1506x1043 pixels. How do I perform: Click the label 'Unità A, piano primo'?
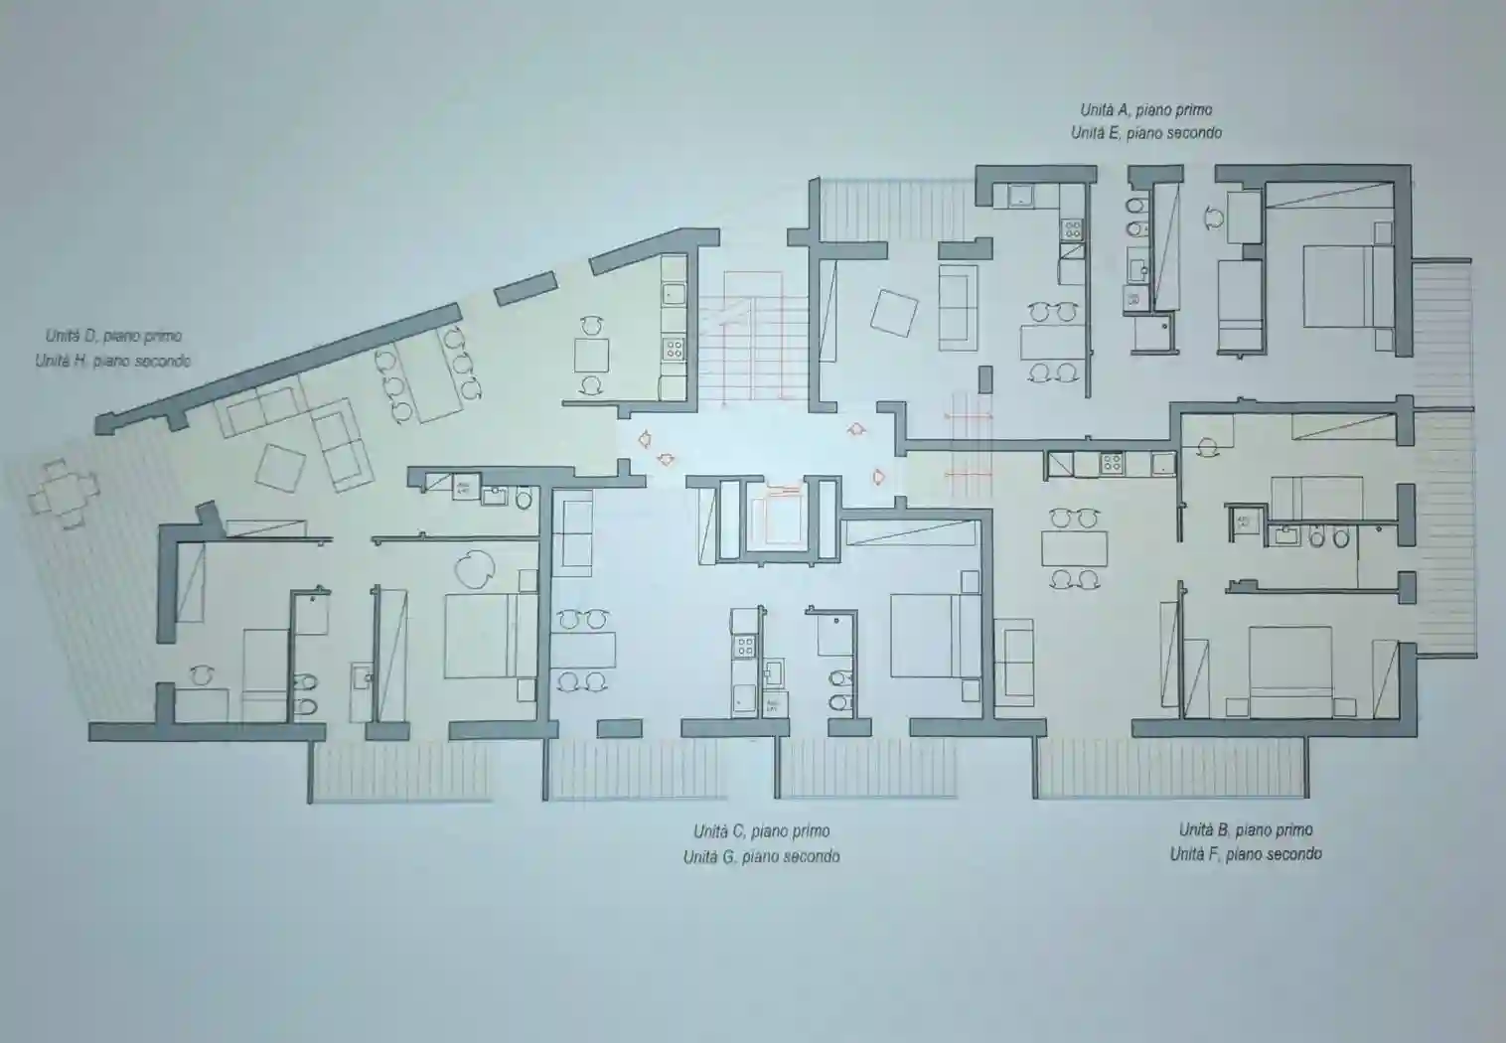1146,109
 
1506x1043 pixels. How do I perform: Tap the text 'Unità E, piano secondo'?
1146,133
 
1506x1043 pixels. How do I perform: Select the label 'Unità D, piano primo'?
113,336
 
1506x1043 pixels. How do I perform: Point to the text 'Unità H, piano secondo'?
113,362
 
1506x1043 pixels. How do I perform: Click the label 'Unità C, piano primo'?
762,831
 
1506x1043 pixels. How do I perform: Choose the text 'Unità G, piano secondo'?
762,856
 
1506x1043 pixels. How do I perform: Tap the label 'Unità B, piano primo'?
1246,829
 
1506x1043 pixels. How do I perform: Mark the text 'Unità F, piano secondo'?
1246,854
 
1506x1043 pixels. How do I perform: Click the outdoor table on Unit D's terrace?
64,494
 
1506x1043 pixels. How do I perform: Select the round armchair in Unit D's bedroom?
474,569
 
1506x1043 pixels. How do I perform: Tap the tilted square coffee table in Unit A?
894,313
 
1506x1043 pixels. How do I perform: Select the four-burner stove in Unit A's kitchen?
1072,230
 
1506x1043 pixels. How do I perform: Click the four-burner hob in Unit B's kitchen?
1112,463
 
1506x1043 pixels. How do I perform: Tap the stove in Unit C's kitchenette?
745,647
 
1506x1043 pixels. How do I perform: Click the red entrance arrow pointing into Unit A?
856,429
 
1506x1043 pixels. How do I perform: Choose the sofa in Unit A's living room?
958,307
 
